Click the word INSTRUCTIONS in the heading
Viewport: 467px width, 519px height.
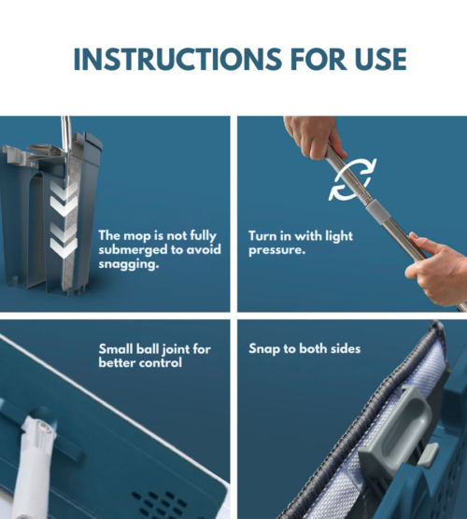point(177,59)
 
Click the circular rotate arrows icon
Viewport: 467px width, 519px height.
point(352,178)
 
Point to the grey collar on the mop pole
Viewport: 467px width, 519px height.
point(378,211)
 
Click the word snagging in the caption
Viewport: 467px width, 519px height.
point(129,264)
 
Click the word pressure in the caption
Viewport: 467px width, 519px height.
point(276,250)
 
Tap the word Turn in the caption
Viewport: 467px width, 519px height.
point(262,236)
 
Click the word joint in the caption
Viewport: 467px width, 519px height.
point(175,349)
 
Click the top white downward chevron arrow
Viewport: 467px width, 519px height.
point(64,189)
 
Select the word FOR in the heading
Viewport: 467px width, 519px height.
point(318,59)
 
